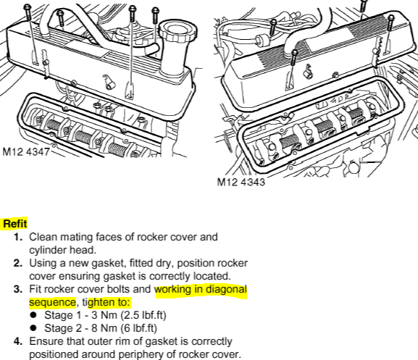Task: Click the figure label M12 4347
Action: [26, 151]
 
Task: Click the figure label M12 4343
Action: [241, 182]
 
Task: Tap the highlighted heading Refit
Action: [15, 224]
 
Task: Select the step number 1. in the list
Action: [18, 237]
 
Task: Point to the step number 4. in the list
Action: [18, 341]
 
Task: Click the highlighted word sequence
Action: [52, 302]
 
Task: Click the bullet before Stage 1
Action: [33, 315]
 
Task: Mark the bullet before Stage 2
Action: [33, 328]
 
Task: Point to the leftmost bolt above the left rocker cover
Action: [28, 12]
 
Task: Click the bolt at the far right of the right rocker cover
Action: [390, 22]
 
